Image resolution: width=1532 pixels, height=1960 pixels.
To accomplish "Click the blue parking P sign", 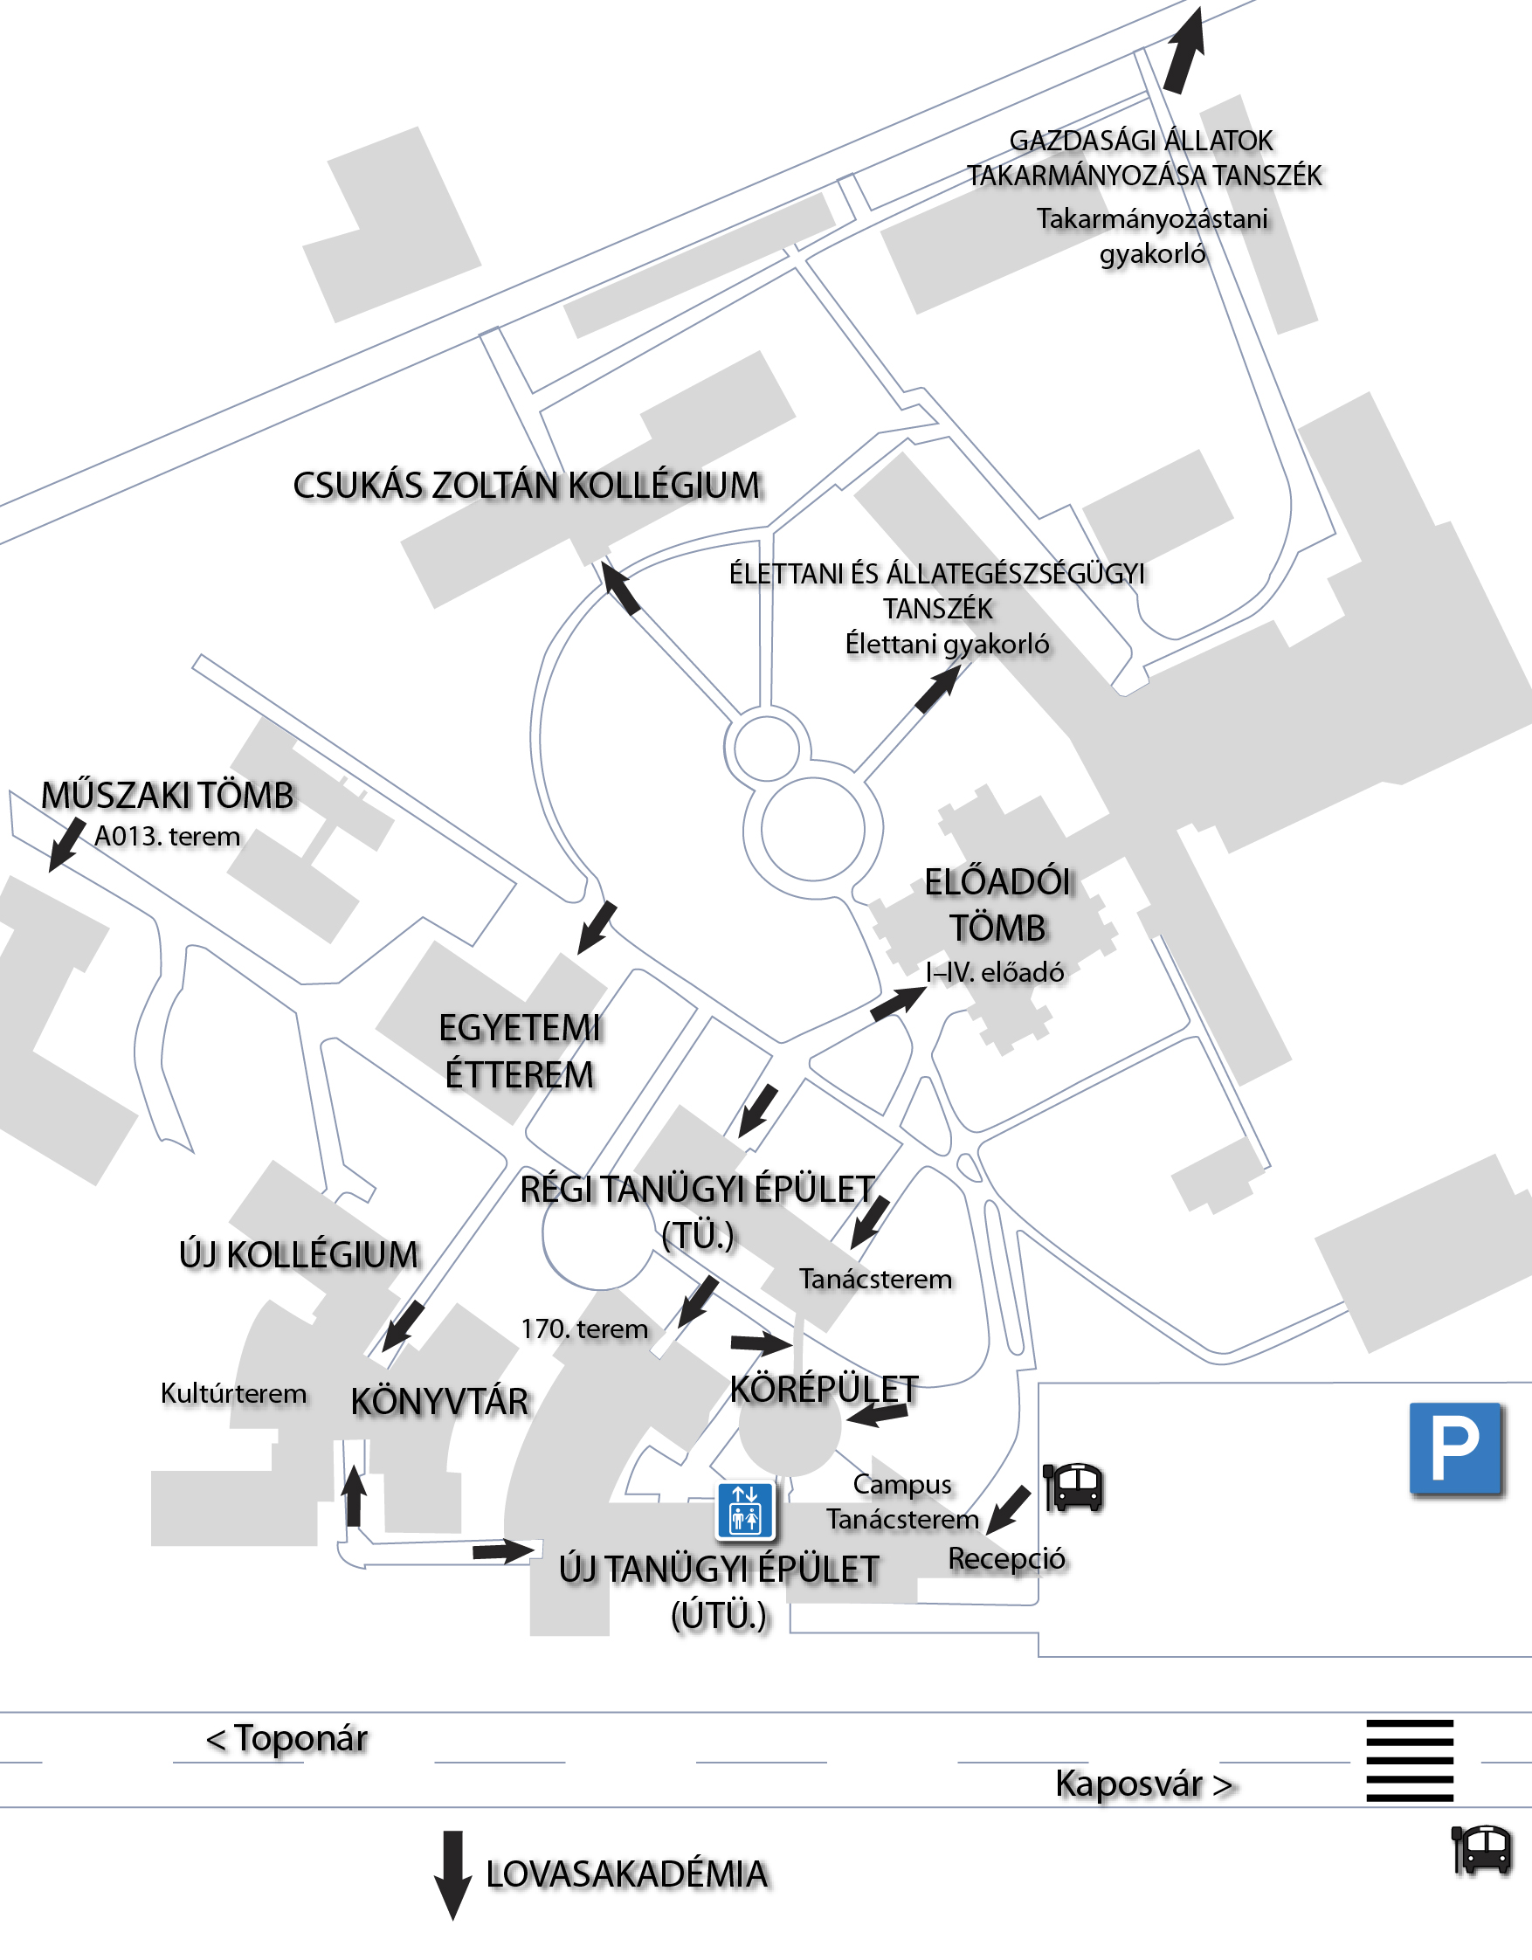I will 1455,1448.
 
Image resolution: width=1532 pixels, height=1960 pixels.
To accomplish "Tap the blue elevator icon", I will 745,1510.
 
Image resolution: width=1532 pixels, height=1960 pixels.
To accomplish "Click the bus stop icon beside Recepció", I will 1074,1487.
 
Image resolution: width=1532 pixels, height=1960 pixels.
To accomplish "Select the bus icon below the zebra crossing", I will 1481,1850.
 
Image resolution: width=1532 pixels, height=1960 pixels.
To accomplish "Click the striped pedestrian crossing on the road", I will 1409,1760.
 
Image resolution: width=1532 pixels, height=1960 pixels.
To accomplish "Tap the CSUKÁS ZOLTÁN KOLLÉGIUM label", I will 527,486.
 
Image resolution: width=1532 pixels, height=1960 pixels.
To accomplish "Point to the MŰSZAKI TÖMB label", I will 168,796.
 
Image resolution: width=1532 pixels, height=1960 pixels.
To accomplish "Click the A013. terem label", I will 168,837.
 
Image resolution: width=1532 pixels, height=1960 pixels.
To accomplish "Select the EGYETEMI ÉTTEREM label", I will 520,1051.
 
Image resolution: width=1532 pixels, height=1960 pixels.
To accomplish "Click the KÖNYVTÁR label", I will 439,1402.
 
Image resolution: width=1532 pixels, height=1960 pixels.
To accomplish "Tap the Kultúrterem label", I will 233,1394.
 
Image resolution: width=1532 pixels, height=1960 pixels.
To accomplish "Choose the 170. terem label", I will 584,1329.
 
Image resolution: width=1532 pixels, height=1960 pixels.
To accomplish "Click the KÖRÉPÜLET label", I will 824,1390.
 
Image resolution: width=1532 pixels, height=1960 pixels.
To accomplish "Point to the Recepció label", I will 1007,1559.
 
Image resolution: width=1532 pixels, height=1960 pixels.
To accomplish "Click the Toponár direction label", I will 287,1739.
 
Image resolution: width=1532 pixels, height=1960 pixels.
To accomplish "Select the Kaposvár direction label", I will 1144,1784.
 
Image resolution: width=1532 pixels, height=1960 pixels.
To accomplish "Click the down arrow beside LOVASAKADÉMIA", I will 453,1874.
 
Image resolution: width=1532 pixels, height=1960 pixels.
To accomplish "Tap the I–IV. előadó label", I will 995,972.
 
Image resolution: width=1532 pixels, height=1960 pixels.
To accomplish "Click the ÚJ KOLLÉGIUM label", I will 299,1254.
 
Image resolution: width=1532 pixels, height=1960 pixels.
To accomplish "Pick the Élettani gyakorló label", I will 947,645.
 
